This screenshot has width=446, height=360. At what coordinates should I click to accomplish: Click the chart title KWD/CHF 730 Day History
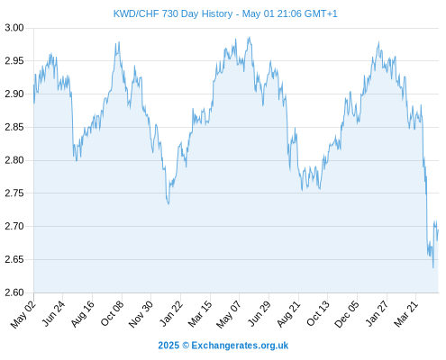point(173,13)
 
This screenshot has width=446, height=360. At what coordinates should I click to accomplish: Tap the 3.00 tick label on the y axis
point(14,28)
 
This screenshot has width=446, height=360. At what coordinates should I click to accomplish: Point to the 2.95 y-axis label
point(14,61)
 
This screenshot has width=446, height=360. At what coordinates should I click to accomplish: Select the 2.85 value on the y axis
point(14,127)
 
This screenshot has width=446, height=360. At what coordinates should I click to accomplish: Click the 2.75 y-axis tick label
point(14,193)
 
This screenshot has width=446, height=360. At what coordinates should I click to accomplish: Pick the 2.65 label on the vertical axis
point(14,259)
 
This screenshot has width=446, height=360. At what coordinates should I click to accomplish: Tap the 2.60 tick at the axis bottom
point(14,292)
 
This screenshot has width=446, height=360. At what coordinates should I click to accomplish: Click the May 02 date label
point(23,314)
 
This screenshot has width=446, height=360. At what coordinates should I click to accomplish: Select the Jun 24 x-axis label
point(53,313)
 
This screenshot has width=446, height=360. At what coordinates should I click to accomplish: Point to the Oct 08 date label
point(112,313)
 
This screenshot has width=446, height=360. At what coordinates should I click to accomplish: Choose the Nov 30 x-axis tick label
point(141,314)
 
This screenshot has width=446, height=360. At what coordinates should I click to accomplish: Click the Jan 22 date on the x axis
point(171,313)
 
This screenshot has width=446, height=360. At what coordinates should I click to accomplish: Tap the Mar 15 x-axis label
point(200,314)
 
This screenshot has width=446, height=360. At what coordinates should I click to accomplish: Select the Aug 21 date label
point(288,314)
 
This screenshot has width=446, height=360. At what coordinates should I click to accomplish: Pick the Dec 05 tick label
point(347,314)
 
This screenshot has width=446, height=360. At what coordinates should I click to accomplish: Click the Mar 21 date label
point(406,314)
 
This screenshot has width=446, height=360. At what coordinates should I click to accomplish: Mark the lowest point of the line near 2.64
point(433,267)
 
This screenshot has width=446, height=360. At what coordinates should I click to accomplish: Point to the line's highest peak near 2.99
point(249,37)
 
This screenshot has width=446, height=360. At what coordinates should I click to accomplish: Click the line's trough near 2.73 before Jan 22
point(168,204)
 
